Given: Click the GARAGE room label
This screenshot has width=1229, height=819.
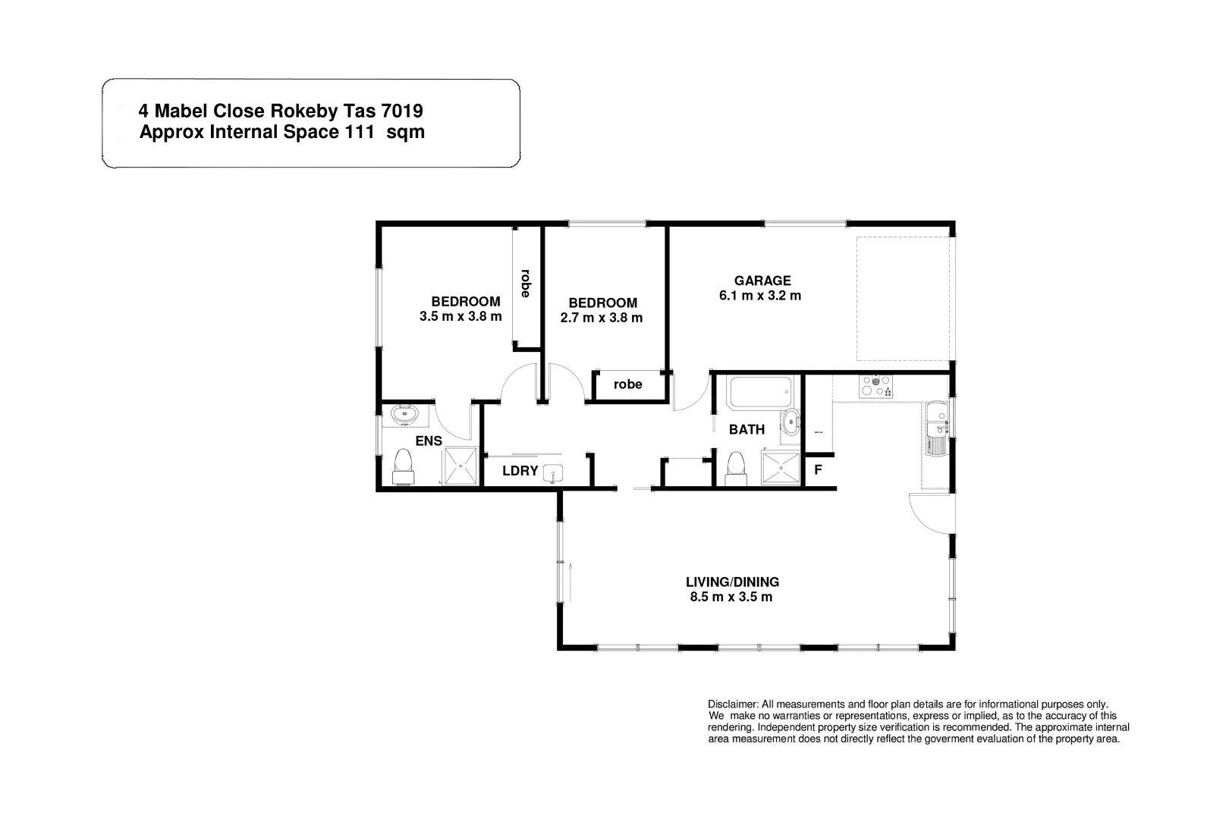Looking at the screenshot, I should point(762,281).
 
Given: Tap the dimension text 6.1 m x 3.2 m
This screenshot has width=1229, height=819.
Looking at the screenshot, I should point(760,296).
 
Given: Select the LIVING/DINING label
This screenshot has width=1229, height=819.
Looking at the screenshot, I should point(732,582).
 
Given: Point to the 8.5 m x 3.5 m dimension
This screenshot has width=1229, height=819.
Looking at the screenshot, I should point(731,598).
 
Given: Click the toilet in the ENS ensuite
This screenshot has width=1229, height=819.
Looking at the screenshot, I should point(404,466).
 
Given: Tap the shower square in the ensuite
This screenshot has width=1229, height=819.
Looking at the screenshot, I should point(460,466).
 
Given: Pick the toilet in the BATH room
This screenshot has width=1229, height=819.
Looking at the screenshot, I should point(735,467).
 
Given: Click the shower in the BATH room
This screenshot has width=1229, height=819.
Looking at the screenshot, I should point(781,467).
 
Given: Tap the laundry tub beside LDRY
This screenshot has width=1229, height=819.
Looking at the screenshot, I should point(553,472).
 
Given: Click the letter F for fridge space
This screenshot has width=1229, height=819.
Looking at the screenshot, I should point(818,469).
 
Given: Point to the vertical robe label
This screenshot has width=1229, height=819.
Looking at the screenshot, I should point(525,283).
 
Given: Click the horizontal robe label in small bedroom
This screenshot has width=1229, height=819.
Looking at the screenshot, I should point(627,384).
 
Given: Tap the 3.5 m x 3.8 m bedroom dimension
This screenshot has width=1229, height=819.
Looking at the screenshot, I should point(460,316).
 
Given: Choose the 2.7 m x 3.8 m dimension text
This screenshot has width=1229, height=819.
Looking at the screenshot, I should point(601,318).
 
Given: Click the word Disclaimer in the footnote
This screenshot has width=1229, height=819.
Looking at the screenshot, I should point(731,704).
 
